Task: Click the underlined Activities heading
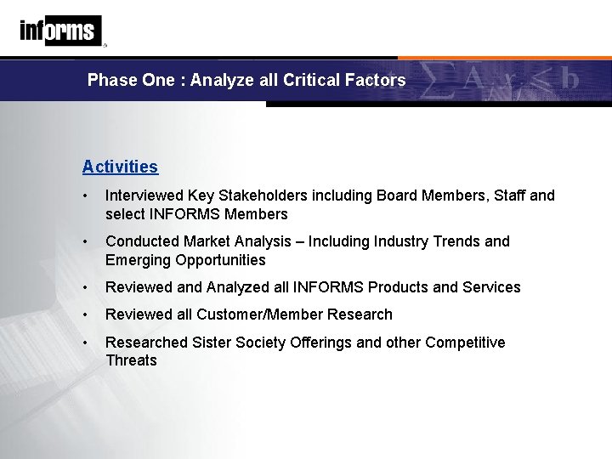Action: [x=120, y=167]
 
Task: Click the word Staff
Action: [x=507, y=195]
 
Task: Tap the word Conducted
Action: [x=139, y=241]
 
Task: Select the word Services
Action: [x=490, y=287]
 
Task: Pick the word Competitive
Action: [x=464, y=343]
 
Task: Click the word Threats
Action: [x=131, y=360]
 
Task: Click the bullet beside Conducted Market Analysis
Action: [x=87, y=241]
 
